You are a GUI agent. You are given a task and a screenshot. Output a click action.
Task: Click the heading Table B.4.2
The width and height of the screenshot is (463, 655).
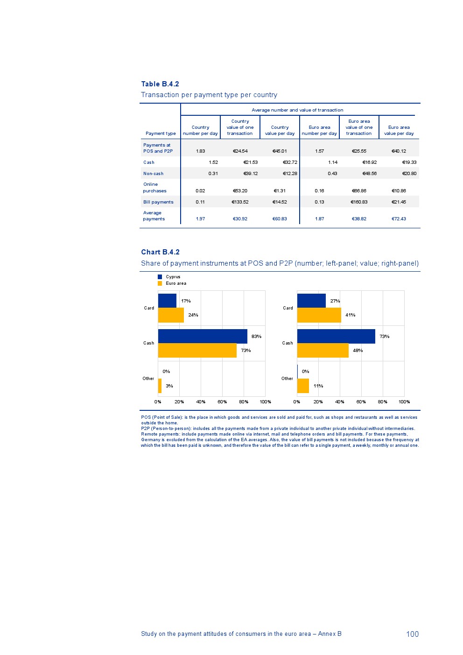160,84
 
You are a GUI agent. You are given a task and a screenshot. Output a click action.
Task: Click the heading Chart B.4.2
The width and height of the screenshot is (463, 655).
160,252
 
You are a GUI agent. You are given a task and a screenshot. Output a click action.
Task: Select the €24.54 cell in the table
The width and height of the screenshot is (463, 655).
240,151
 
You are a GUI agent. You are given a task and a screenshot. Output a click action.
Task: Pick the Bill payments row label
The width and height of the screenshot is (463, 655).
158,202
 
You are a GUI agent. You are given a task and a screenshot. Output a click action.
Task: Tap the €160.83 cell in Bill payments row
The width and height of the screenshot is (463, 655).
359,202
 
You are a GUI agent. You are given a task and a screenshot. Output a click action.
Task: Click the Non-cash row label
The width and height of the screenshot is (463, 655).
153,174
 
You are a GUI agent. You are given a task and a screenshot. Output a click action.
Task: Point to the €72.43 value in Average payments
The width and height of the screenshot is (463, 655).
399,219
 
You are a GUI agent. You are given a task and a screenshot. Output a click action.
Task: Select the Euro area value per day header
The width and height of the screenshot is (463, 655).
399,130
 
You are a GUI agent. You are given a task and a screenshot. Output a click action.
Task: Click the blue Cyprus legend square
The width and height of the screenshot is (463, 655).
160,277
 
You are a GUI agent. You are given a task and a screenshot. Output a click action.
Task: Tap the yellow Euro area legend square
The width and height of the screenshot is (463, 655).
160,283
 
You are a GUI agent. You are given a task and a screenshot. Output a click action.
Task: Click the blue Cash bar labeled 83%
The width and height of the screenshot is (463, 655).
203,336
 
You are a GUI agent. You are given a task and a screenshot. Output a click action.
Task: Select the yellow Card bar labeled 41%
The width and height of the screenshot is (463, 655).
319,315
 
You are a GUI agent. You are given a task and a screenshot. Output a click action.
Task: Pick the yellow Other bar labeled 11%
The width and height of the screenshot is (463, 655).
303,386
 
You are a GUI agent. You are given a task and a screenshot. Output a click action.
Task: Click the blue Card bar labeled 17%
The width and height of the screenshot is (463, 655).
167,301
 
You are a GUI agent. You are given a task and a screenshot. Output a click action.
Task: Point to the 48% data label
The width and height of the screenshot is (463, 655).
358,351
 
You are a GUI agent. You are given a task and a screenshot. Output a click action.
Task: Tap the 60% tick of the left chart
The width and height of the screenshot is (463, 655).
222,402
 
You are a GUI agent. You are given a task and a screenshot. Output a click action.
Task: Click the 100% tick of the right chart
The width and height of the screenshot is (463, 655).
404,402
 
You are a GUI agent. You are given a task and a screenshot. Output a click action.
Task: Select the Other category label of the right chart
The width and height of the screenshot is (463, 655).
287,379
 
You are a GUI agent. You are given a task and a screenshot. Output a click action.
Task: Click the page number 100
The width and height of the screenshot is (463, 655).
412,634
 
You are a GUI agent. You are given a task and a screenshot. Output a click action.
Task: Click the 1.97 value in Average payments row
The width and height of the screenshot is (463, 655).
200,219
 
